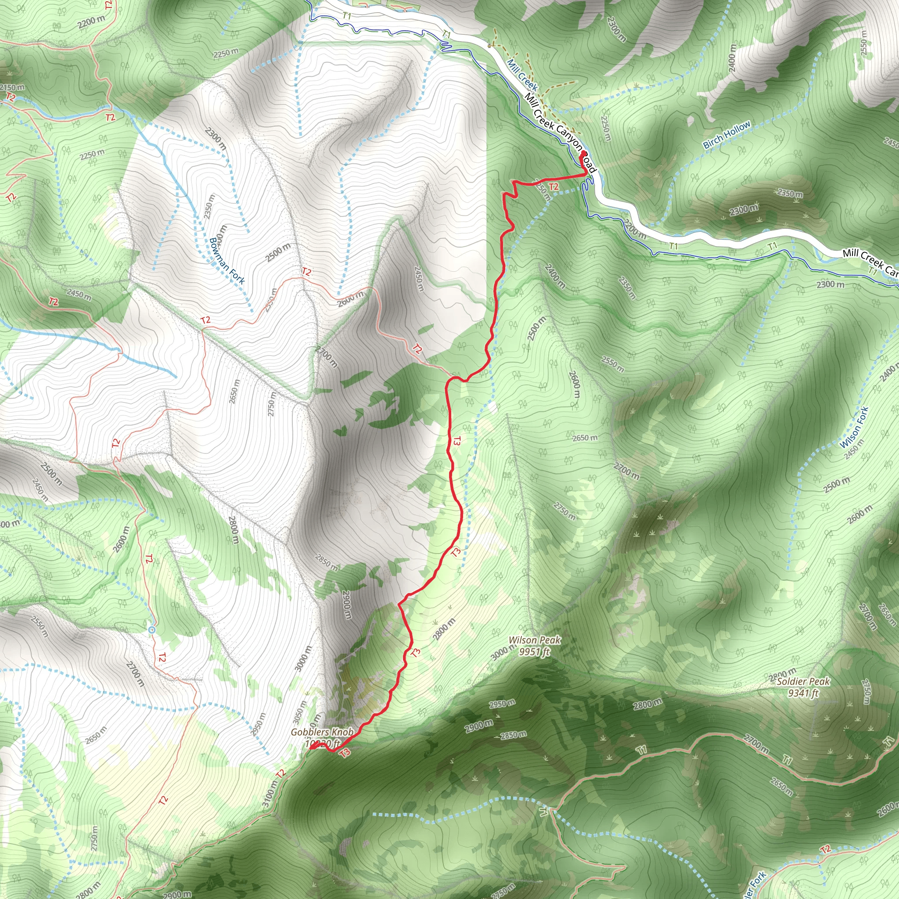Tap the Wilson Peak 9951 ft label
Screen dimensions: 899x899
534,646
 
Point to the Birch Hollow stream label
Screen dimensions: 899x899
727,134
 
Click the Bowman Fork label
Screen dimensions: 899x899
227,261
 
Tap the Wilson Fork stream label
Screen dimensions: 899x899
854,427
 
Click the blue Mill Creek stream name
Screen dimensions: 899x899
522,75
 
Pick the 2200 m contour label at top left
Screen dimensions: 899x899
92,22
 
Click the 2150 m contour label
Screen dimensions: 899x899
13,87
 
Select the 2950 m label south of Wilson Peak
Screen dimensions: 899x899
502,703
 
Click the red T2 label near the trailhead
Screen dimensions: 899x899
553,187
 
